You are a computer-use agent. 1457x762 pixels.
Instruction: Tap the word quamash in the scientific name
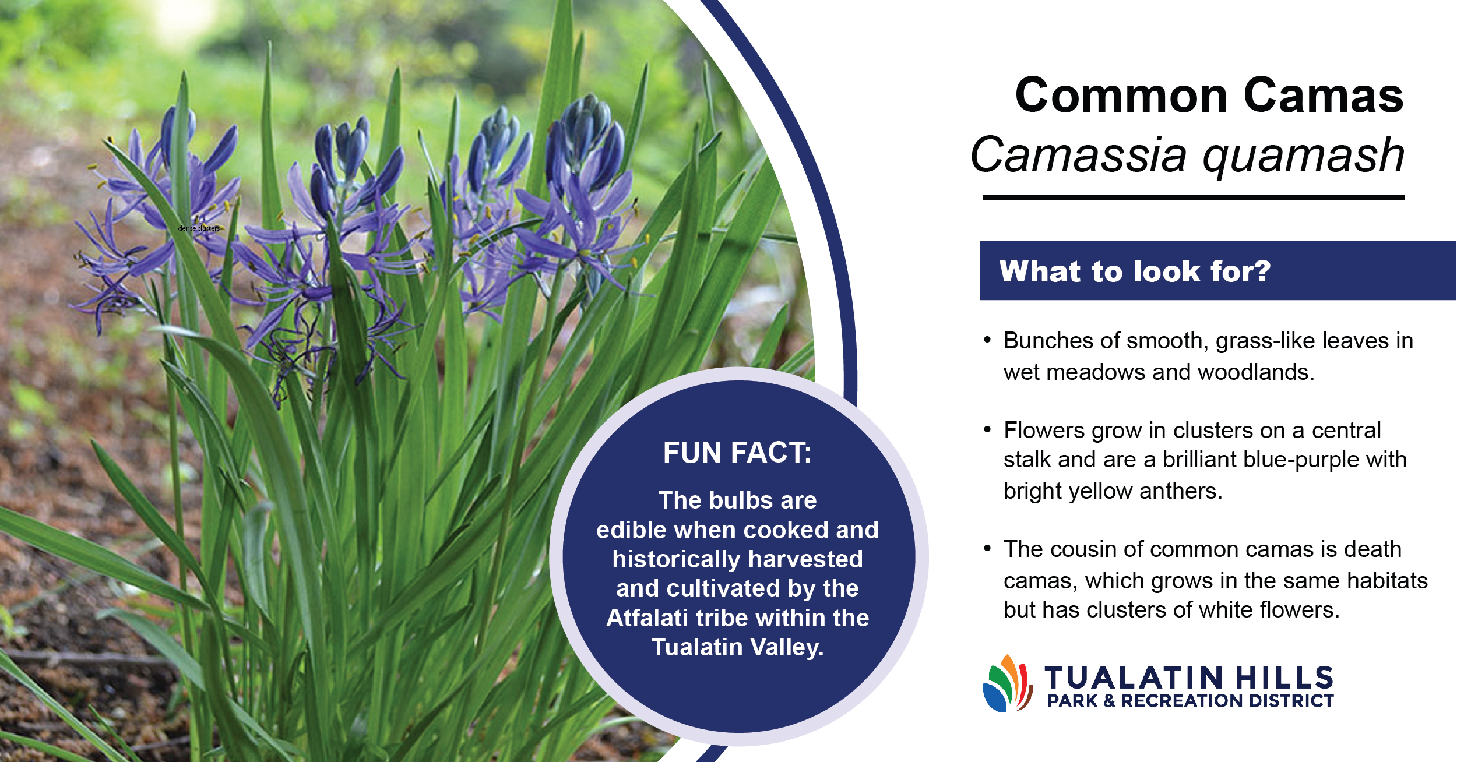click(x=1304, y=156)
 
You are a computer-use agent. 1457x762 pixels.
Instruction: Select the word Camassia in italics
click(x=1079, y=154)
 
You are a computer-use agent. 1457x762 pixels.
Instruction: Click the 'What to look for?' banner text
click(x=1135, y=271)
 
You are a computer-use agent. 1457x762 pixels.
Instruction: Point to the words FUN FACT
click(x=737, y=453)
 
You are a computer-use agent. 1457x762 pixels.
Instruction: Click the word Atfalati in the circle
click(x=647, y=618)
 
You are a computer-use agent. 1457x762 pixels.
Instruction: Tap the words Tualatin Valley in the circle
click(x=737, y=647)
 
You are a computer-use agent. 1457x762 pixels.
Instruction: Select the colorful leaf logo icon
click(x=1008, y=683)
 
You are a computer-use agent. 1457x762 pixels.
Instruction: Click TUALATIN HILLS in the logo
click(x=1189, y=678)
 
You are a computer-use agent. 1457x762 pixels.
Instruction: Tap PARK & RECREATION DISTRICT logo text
click(x=1191, y=701)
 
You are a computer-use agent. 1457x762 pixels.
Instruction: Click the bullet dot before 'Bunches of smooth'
click(x=987, y=340)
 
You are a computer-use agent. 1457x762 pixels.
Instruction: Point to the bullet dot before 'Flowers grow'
click(x=987, y=429)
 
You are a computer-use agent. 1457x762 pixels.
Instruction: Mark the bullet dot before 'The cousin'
click(x=987, y=548)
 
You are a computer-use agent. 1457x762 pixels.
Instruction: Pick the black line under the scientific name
click(x=1194, y=198)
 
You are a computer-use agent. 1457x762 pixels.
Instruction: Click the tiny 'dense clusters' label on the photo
click(x=199, y=228)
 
